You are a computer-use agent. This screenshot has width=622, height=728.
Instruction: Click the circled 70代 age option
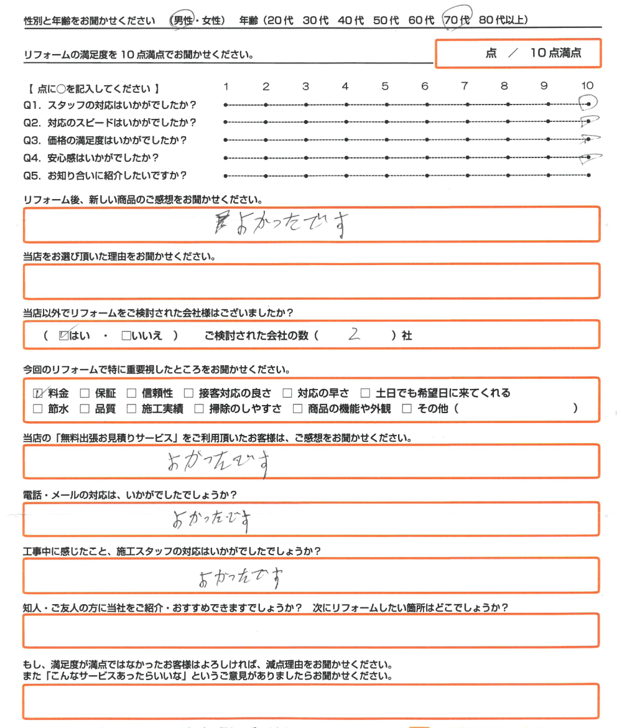[457, 21]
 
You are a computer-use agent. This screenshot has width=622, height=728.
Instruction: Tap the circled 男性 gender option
[182, 21]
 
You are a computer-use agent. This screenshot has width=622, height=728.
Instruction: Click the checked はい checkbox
[63, 336]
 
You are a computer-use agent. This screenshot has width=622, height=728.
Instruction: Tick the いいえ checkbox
[126, 336]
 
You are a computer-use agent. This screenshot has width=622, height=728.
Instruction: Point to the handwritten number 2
[355, 335]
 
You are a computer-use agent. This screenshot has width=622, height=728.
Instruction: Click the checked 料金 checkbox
[38, 393]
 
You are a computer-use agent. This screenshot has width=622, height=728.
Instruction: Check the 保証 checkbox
[85, 393]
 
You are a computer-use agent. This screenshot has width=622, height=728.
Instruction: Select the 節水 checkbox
[38, 409]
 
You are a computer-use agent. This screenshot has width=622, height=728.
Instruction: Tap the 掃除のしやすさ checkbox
[198, 409]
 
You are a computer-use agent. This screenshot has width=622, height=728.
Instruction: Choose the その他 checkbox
[407, 409]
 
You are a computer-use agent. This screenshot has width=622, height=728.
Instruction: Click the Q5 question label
[104, 175]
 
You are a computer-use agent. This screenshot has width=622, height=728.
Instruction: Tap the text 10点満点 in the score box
[555, 54]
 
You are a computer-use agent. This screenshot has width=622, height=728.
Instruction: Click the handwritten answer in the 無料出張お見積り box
[218, 462]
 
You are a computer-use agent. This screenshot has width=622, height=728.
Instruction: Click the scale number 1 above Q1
[226, 86]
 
